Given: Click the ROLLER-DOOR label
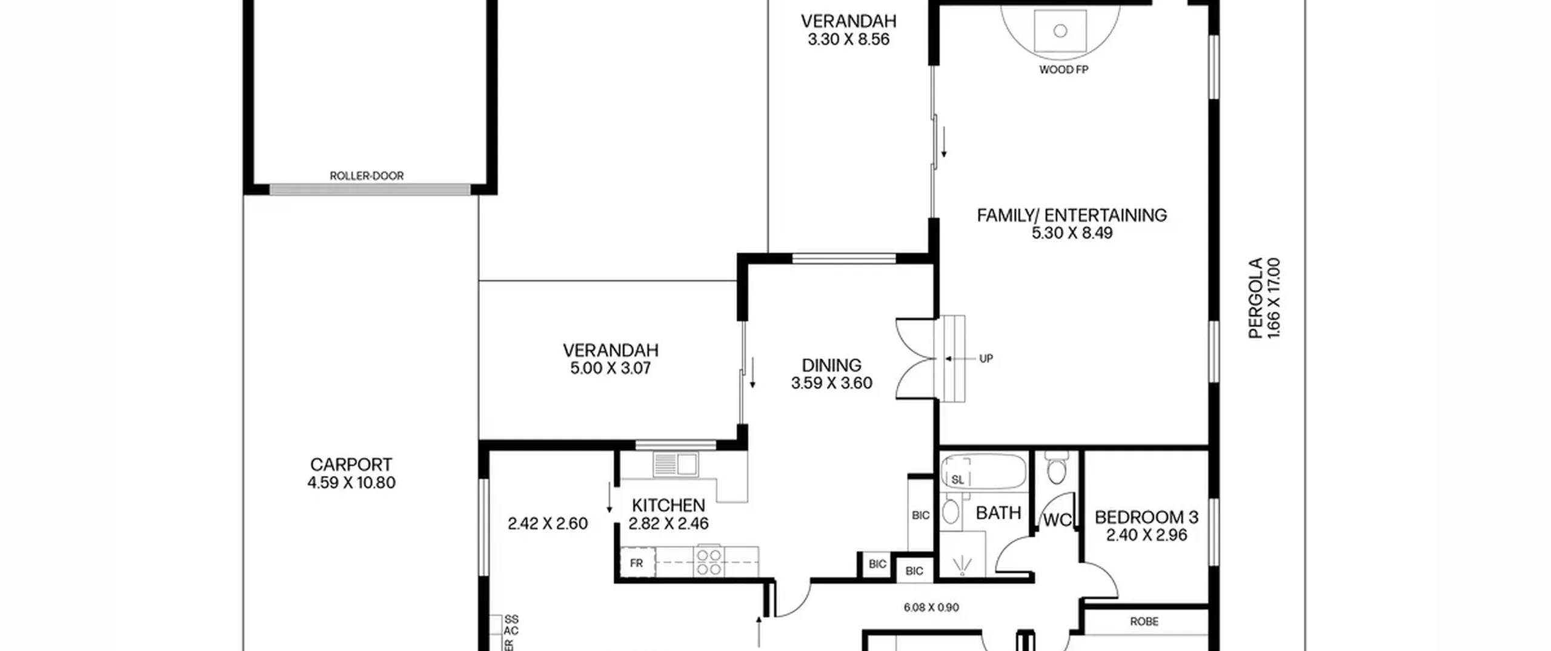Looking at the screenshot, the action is coord(367,176).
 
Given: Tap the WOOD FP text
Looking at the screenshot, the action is coord(1063,70).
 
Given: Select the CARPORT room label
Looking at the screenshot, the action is coord(351,464).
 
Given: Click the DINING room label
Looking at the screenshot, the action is coord(831,365).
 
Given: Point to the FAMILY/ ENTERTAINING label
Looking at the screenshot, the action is coord(1072,215).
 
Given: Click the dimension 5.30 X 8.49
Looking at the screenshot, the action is coord(1072,233).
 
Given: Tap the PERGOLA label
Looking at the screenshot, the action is coord(1255,298).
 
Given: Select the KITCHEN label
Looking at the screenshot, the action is coord(668,505).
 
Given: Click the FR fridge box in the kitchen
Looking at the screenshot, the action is coord(637,563).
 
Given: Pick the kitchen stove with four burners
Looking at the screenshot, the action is coord(709,561).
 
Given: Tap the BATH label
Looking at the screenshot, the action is coord(998,514).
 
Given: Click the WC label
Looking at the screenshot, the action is coord(1057,520).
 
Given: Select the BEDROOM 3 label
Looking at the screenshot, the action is coord(1146,517).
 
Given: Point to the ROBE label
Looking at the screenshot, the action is coord(1144,621).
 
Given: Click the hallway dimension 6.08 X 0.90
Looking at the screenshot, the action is coord(931,607).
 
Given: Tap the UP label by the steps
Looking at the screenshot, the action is coord(986,359).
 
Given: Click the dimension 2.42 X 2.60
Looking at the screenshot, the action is coord(548,523).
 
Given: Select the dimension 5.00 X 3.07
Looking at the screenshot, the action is coord(610,368).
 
